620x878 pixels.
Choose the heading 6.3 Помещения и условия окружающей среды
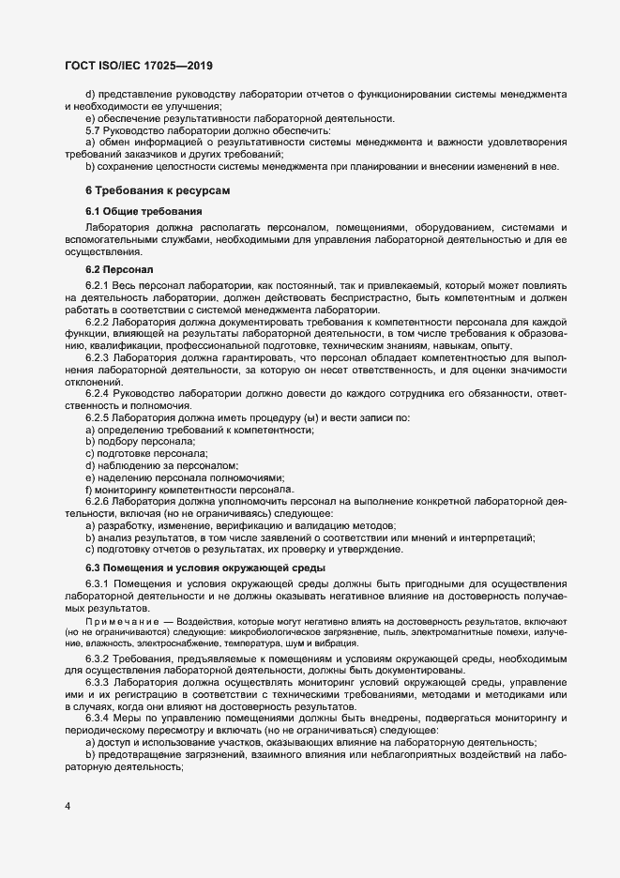pyautogui.click(x=205, y=568)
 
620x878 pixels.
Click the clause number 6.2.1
pyautogui.click(x=98, y=285)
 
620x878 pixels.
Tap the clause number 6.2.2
pyautogui.click(x=98, y=322)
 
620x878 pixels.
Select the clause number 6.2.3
pyautogui.click(x=98, y=358)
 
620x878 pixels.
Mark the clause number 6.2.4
pyautogui.click(x=98, y=394)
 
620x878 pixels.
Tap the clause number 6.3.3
pyautogui.click(x=98, y=683)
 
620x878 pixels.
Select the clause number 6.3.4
pyautogui.click(x=98, y=719)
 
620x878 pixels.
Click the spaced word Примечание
pyautogui.click(x=122, y=623)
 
